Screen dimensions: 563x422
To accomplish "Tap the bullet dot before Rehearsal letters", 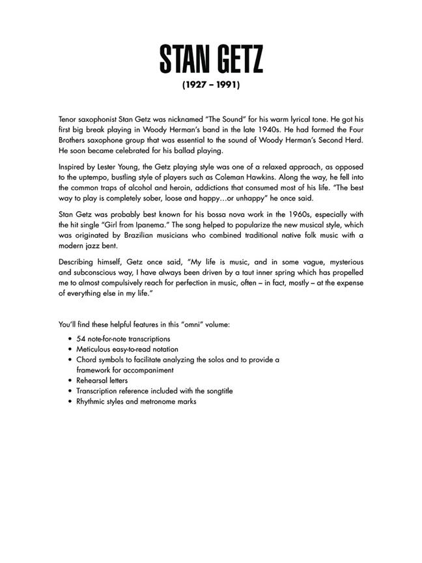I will [x=70, y=381].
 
